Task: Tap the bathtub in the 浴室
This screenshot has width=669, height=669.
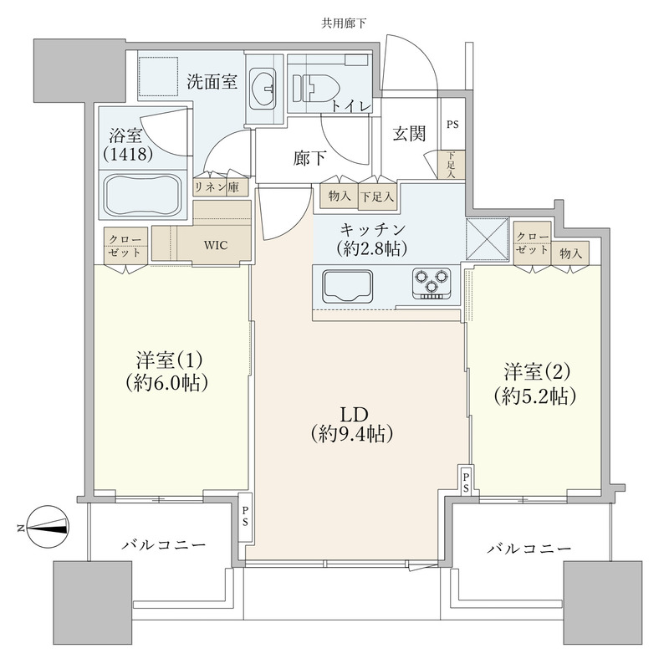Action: click(x=142, y=195)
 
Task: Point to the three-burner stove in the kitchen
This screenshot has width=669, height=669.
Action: click(x=431, y=283)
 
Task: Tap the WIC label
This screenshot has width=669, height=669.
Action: click(x=215, y=244)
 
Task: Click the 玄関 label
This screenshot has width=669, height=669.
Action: click(x=411, y=133)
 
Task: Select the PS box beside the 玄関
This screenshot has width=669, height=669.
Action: click(x=452, y=125)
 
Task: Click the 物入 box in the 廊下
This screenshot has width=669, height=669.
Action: click(x=339, y=195)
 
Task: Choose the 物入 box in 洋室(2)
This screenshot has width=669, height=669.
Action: click(x=571, y=253)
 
